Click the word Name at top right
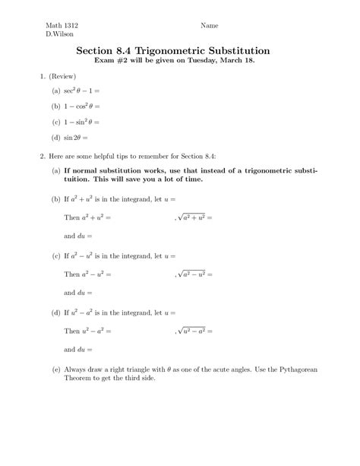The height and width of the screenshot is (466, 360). pyautogui.click(x=210, y=25)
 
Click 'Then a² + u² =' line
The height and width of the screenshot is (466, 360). pyautogui.click(x=87, y=217)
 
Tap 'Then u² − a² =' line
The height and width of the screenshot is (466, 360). pyautogui.click(x=87, y=331)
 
